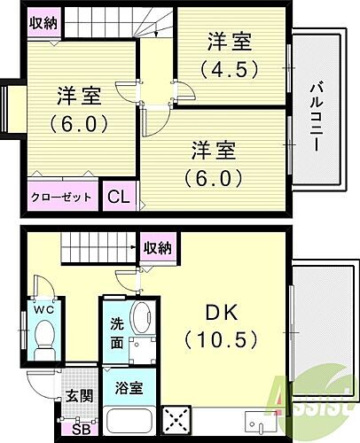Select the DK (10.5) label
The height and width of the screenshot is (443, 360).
coord(221,326)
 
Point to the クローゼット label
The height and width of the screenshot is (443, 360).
coord(61,197)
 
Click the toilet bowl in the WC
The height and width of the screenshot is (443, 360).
coord(43,337)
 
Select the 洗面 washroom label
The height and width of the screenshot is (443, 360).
coord(117,332)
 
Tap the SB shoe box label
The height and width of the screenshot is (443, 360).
coord(82,431)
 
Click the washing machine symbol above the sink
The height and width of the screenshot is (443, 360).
coord(141,317)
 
